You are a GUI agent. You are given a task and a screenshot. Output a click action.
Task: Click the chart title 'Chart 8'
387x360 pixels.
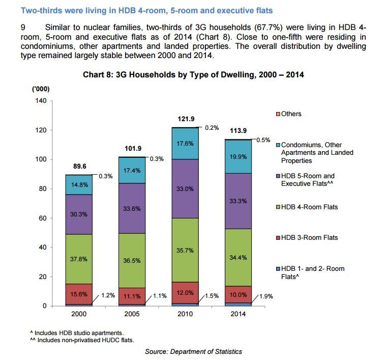(x=193, y=75)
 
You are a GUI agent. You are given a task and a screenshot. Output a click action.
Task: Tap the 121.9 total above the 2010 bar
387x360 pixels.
(x=186, y=119)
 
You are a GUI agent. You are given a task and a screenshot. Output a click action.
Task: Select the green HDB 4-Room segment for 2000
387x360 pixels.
(x=78, y=259)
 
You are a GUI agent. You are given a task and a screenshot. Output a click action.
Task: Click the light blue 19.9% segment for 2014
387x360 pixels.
(x=239, y=156)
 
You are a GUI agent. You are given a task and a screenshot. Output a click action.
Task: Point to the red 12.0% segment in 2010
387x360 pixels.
(x=185, y=293)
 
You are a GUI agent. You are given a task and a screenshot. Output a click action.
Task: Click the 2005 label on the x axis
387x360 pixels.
(x=132, y=314)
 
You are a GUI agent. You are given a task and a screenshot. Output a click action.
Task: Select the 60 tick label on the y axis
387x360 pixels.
(x=42, y=218)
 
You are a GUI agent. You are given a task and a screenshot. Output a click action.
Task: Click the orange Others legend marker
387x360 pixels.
(x=277, y=114)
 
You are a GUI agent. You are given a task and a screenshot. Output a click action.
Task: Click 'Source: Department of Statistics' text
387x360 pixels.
(x=193, y=351)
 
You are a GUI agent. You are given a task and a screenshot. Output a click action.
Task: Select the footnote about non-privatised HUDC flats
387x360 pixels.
(x=85, y=340)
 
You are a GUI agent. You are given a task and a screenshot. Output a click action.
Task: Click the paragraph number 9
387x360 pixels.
(x=15, y=26)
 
